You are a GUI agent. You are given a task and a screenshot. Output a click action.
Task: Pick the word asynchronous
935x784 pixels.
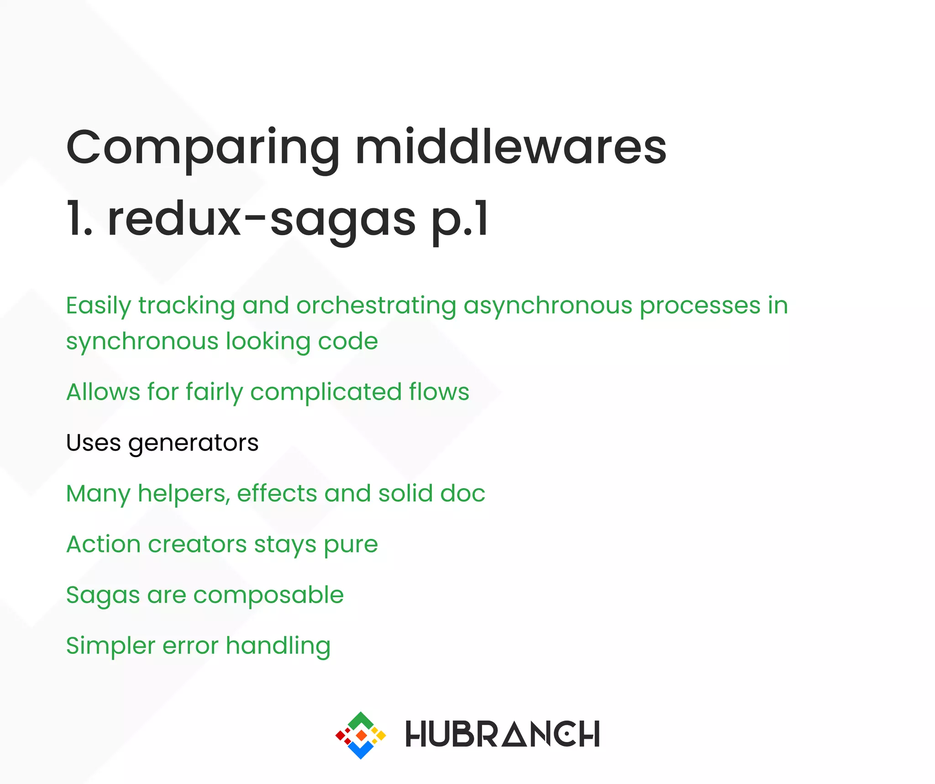(548, 306)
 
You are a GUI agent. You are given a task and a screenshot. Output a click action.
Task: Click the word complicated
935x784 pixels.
(326, 392)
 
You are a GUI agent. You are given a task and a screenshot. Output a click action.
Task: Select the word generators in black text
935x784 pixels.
(194, 443)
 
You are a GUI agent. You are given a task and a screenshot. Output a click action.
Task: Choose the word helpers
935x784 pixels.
(184, 494)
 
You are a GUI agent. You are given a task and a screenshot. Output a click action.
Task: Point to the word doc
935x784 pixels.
(462, 493)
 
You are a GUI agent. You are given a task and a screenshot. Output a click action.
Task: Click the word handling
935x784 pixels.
(278, 646)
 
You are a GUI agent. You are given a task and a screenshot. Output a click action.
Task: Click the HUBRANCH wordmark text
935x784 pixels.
(502, 734)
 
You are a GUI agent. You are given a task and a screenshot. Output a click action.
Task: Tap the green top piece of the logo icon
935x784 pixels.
(361, 721)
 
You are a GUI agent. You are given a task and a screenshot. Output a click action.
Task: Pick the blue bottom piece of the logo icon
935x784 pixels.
(361, 749)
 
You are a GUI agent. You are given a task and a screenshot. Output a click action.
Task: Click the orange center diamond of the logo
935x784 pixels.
(361, 735)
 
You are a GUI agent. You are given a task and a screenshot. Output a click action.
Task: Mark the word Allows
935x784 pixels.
(103, 392)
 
